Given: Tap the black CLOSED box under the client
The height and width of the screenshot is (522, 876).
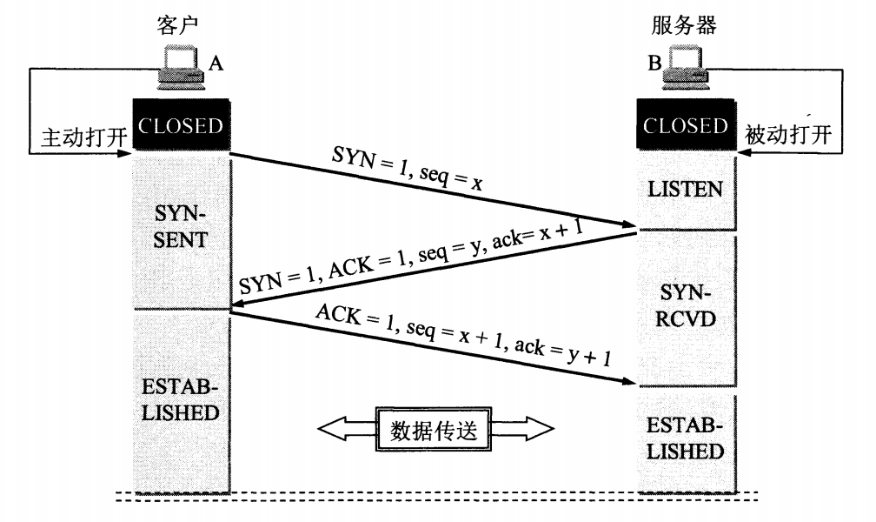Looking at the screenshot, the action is coord(181,124).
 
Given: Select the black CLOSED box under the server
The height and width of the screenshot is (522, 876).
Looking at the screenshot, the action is coord(686,124).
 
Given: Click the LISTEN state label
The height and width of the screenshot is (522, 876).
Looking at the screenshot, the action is coord(686,189).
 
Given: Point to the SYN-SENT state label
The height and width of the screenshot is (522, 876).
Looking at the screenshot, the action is coord(180,226).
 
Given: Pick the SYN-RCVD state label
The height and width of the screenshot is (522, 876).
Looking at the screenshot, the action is coord(686,305).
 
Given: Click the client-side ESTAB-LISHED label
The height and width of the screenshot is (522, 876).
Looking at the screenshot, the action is coord(180,399).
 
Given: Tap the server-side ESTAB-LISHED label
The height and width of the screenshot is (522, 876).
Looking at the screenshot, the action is coord(686,438).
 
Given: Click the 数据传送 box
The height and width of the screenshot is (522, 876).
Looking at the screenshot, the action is coord(434,429).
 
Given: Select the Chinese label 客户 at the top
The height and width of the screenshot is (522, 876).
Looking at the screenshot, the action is coord(177,24).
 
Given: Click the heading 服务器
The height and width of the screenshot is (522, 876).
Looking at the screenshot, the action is coord(684,24).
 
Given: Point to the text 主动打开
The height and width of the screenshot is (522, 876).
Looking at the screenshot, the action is coord(83,137).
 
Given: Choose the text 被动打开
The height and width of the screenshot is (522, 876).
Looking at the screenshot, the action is coord(788,134).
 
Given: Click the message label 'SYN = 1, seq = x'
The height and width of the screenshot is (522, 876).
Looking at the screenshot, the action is coord(408,167).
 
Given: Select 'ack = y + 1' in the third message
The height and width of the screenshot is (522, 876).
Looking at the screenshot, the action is coord(562,352).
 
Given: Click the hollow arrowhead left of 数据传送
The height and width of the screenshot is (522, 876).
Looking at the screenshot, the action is coord(332,429).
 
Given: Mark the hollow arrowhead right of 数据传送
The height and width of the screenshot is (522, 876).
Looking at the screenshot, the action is coord(539,429).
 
